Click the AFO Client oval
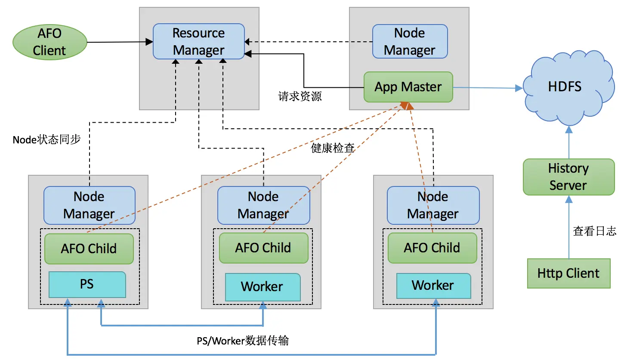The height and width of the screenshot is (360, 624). coord(49,42)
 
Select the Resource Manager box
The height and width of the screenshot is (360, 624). coord(198,41)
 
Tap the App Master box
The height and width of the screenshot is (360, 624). coord(408,87)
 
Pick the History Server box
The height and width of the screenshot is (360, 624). coord(568,177)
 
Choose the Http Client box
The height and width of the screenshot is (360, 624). coord(568,273)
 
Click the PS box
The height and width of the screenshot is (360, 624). coord(87,284)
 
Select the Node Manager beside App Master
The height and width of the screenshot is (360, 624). coord(410,41)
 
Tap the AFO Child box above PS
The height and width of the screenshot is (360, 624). coord(89,248)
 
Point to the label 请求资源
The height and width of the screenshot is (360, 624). coord(300,96)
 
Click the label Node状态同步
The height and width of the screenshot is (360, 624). coord(46,140)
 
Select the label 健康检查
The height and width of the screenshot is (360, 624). coord(333,148)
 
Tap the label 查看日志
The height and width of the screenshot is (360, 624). coord(594,231)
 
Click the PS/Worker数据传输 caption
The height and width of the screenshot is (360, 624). coord(240,341)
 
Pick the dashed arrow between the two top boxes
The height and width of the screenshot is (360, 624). coord(308,42)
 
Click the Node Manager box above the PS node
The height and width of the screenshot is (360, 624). coord(89,205)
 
